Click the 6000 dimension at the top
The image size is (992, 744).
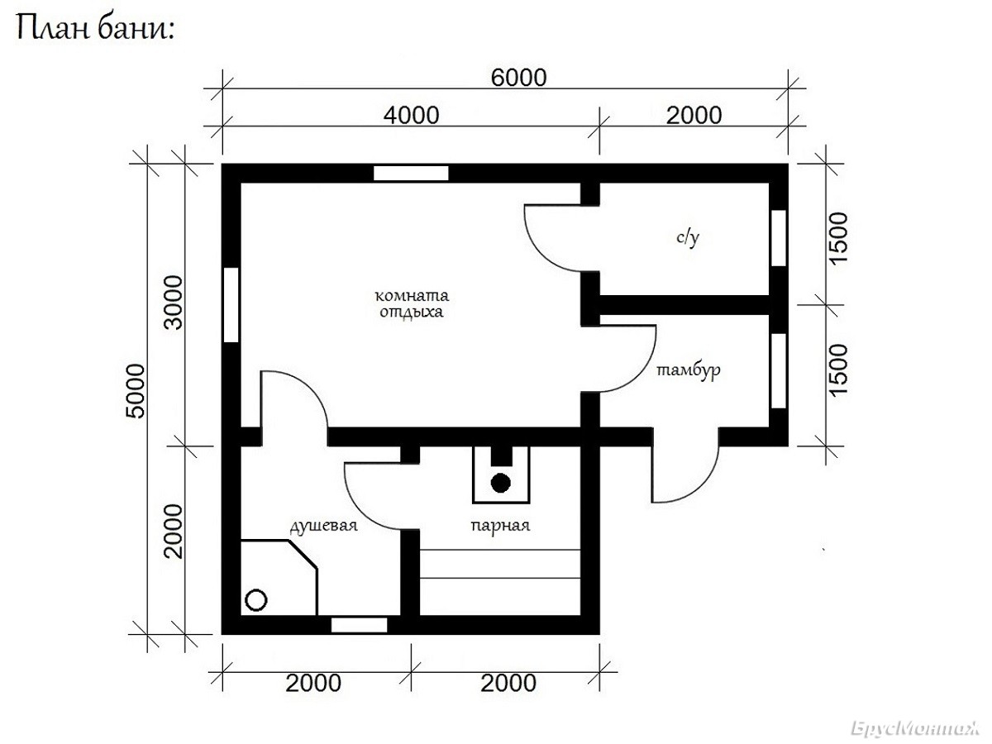click(x=518, y=78)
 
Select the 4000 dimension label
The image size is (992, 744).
click(x=411, y=116)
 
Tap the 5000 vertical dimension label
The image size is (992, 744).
click(x=136, y=391)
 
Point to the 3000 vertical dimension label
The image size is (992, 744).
click(x=174, y=303)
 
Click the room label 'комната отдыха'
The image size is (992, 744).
click(x=412, y=303)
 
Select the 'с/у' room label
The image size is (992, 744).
click(x=688, y=237)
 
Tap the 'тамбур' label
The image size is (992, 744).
click(x=689, y=371)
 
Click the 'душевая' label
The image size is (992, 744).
click(x=323, y=527)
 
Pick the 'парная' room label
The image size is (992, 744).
click(x=500, y=526)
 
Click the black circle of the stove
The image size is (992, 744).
click(x=501, y=483)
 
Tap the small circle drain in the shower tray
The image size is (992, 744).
click(x=255, y=600)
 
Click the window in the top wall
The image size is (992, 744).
click(x=411, y=173)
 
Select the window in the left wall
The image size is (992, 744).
click(x=231, y=305)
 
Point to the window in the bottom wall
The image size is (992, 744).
click(x=360, y=625)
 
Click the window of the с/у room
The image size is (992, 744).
click(x=778, y=238)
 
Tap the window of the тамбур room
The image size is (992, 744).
click(x=778, y=371)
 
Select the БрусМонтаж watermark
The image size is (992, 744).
click(x=915, y=729)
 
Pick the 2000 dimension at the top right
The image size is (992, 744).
click(x=694, y=116)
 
